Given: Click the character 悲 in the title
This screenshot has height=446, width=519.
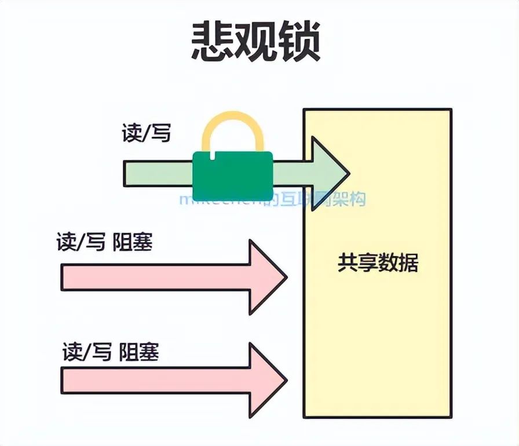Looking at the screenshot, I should pyautogui.click(x=213, y=43).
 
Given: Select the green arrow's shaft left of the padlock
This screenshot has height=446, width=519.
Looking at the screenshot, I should pyautogui.click(x=158, y=174).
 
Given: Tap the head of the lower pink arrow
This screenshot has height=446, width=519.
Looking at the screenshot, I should pyautogui.click(x=267, y=380).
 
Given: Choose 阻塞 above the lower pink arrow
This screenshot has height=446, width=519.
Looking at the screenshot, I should pyautogui.click(x=139, y=352).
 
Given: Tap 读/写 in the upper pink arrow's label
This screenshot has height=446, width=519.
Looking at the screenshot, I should pyautogui.click(x=81, y=242).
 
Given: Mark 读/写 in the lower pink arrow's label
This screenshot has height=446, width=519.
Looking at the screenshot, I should pyautogui.click(x=87, y=352).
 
